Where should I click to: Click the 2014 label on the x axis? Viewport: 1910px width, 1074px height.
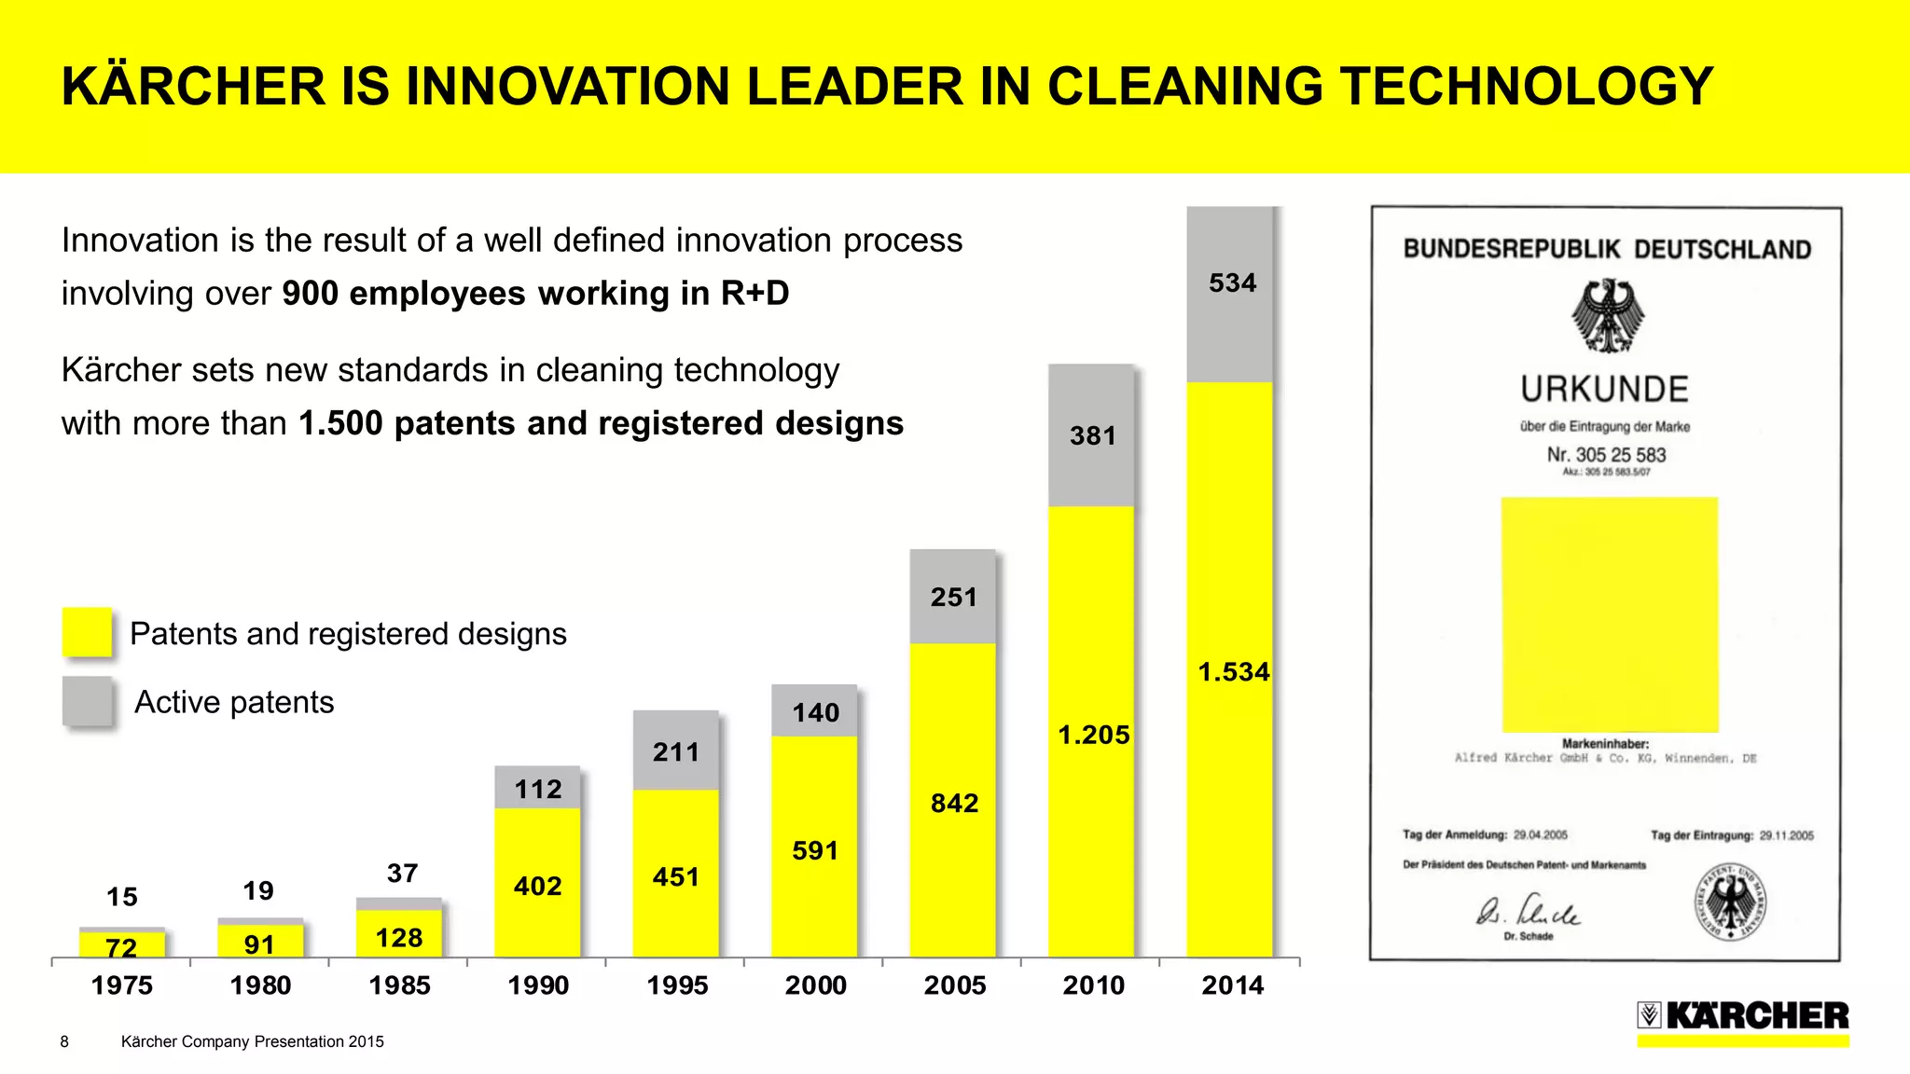pyautogui.click(x=1232, y=985)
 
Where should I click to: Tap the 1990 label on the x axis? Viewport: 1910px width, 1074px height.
pyautogui.click(x=538, y=985)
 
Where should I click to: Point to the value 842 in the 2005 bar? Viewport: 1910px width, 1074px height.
pyautogui.click(x=954, y=803)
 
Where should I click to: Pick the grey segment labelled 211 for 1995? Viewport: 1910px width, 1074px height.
pyautogui.click(x=675, y=751)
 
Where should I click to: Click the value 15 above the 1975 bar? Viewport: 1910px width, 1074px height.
pyautogui.click(x=122, y=897)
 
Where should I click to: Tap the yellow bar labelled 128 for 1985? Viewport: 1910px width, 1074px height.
pyautogui.click(x=399, y=936)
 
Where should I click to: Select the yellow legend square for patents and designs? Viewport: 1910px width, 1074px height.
pyautogui.click(x=87, y=632)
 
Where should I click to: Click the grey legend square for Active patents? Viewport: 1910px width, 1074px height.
pyautogui.click(x=87, y=701)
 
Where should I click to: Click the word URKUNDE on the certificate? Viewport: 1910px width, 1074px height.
pyautogui.click(x=1604, y=389)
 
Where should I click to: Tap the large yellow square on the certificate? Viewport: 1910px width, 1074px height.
pyautogui.click(x=1609, y=615)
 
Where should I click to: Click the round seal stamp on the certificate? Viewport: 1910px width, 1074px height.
pyautogui.click(x=1730, y=902)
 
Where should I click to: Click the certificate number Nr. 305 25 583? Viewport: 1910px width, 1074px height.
pyautogui.click(x=1606, y=455)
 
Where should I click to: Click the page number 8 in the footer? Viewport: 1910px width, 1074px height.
pyautogui.click(x=64, y=1041)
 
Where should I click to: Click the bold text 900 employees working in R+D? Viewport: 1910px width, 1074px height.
pyautogui.click(x=535, y=294)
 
